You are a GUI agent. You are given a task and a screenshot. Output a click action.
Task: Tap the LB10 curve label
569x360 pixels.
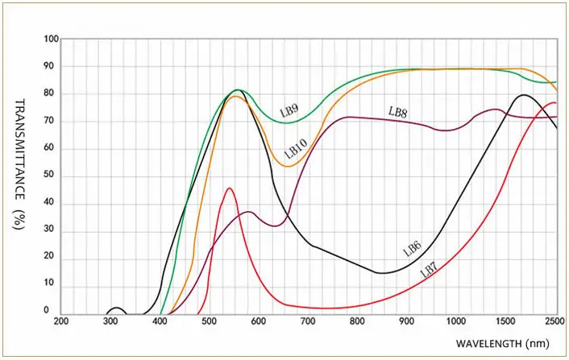click(296, 147)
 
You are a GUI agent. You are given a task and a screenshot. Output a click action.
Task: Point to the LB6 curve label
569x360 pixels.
click(413, 249)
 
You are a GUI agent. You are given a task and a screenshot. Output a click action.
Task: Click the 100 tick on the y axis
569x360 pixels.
click(52, 39)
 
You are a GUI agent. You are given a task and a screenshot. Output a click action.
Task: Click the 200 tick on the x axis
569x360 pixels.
click(61, 321)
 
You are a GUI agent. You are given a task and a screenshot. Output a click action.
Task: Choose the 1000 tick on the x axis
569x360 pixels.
click(456, 321)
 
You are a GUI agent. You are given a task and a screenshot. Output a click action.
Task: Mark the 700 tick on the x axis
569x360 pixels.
click(308, 321)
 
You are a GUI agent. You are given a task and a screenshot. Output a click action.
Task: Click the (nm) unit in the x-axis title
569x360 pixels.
click(538, 342)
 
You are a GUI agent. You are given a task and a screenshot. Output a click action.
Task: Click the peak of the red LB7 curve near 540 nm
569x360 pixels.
click(230, 188)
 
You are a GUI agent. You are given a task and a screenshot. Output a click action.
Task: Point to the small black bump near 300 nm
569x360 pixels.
click(117, 308)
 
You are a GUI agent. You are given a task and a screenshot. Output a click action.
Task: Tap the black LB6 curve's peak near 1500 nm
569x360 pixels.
click(524, 95)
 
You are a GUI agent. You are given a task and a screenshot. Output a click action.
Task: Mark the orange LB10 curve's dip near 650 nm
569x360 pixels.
click(288, 166)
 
